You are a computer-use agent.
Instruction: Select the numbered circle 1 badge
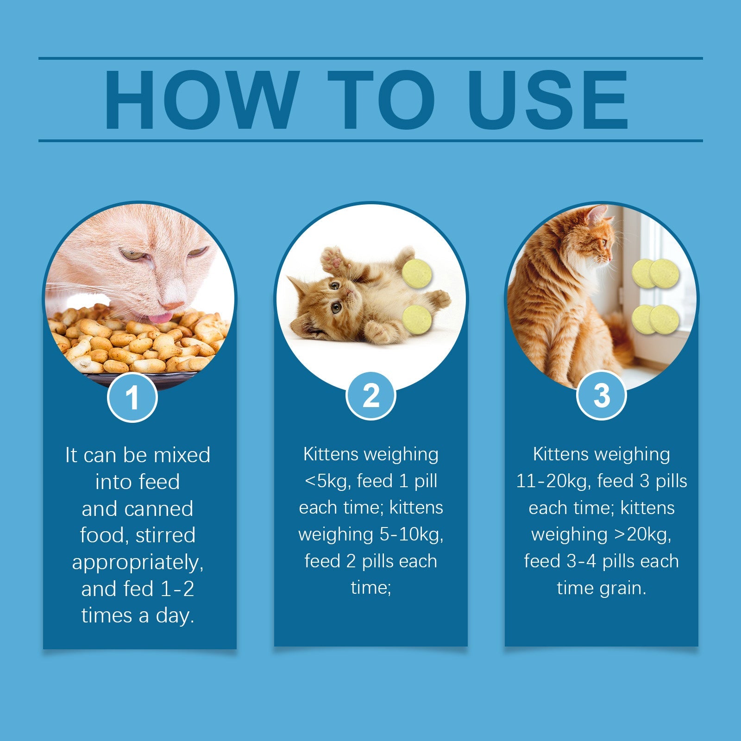click(132, 397)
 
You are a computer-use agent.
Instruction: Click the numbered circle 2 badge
click(371, 396)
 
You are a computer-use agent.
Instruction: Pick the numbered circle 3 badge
click(601, 396)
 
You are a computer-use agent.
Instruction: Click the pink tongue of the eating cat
click(160, 318)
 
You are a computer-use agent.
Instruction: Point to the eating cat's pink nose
click(172, 305)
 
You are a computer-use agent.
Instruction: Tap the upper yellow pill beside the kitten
click(417, 273)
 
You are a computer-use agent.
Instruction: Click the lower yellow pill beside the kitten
click(417, 319)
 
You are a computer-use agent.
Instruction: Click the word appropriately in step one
click(138, 562)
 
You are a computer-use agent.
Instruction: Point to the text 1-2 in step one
click(177, 589)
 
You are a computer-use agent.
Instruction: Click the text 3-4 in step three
click(581, 561)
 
